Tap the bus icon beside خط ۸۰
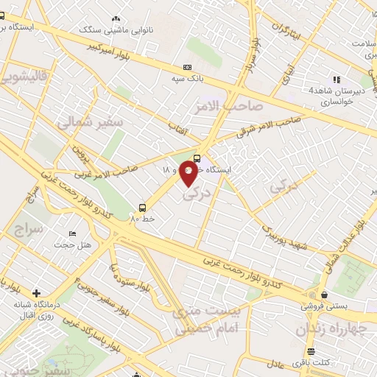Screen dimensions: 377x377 click(143, 208)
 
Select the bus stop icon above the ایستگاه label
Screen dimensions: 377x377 click(197, 158)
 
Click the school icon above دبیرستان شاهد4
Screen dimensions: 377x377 click(336, 80)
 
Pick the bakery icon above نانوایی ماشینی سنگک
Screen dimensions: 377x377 click(115, 19)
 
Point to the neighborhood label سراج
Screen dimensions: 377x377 click(29, 229)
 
